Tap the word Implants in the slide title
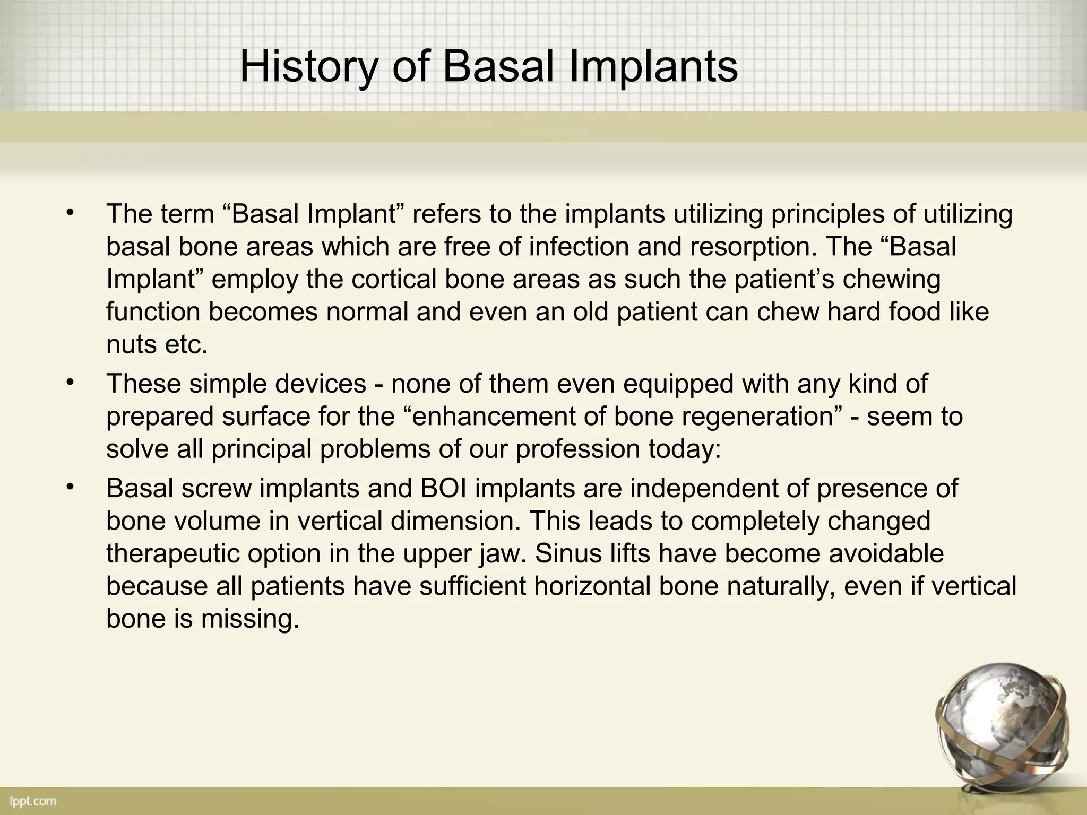click(653, 68)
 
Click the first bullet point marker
click(69, 213)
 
